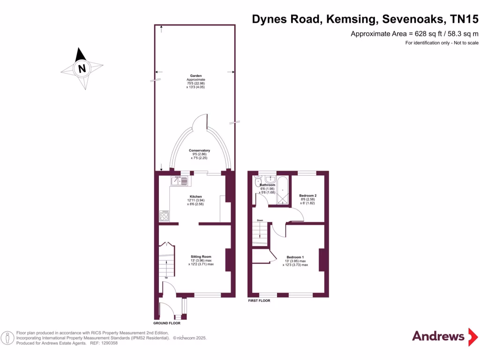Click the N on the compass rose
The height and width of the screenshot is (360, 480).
(x=82, y=69)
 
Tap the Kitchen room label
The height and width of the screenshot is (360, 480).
(x=195, y=196)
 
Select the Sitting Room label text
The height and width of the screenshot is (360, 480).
(x=201, y=256)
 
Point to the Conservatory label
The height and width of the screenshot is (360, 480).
(x=199, y=150)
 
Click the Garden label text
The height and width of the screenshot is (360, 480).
(x=195, y=76)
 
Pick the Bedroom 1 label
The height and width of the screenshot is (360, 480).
(x=295, y=257)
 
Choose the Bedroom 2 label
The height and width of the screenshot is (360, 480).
(x=308, y=195)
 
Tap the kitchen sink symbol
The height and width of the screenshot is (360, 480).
(x=180, y=180)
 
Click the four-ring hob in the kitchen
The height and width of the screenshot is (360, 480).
(x=165, y=216)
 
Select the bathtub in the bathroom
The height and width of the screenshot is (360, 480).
(x=283, y=190)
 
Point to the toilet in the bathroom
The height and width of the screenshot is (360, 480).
(x=257, y=181)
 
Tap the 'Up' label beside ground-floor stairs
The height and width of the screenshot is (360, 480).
(x=166, y=277)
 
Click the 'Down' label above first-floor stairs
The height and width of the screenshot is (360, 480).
(x=260, y=220)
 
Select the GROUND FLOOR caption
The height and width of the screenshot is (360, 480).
(x=167, y=323)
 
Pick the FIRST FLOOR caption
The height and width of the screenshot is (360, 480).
(x=259, y=300)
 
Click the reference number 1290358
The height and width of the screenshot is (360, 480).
(x=108, y=343)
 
